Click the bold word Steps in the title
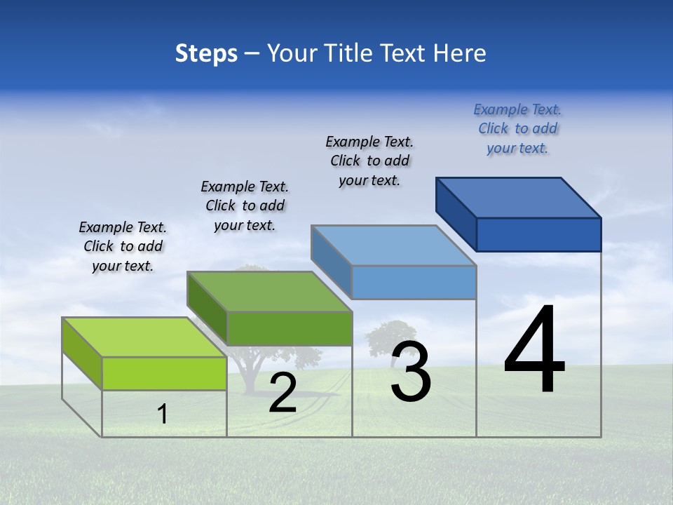point(206,53)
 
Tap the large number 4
point(534,351)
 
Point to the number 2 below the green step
point(283,393)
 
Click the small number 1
point(163,414)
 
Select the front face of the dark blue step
point(538,234)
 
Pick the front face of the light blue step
point(414,282)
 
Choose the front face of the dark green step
point(289,328)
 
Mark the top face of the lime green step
point(144,337)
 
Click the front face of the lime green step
point(164,373)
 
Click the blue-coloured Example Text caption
point(517,128)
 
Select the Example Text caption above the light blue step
point(369,161)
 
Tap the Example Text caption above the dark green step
point(245,206)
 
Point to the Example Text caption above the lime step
point(123,246)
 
